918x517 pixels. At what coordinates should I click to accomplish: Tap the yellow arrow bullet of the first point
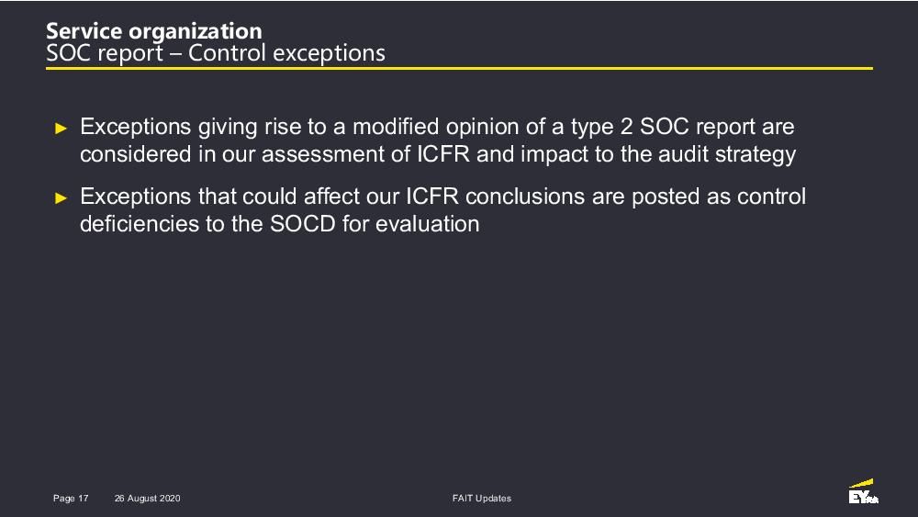tap(61, 129)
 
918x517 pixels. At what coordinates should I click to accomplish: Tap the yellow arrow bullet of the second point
tap(61, 198)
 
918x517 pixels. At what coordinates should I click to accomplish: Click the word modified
tap(395, 127)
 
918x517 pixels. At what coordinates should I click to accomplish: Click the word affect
tap(331, 197)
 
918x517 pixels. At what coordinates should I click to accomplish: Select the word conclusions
tap(524, 197)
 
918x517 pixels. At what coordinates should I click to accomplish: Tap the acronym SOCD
tap(303, 224)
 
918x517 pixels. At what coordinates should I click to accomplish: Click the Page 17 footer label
tap(71, 499)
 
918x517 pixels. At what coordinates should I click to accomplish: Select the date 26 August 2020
tap(148, 499)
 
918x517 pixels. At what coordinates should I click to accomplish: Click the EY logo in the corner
tap(864, 492)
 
